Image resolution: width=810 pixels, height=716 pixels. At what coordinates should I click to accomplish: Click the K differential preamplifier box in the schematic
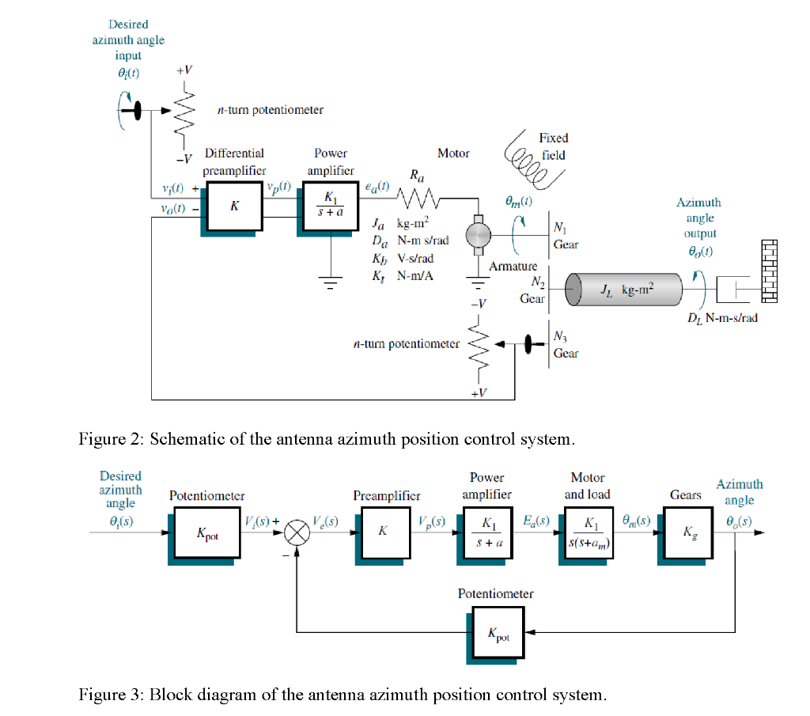[x=234, y=205]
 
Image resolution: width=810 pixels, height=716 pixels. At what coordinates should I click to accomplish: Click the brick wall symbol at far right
[x=769, y=271]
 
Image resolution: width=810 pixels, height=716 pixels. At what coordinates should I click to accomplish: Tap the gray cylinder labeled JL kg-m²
[x=624, y=291]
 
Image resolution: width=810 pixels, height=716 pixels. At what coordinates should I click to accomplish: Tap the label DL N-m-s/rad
[x=722, y=318]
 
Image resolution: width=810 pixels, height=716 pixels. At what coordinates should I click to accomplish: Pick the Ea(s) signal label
[x=542, y=521]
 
